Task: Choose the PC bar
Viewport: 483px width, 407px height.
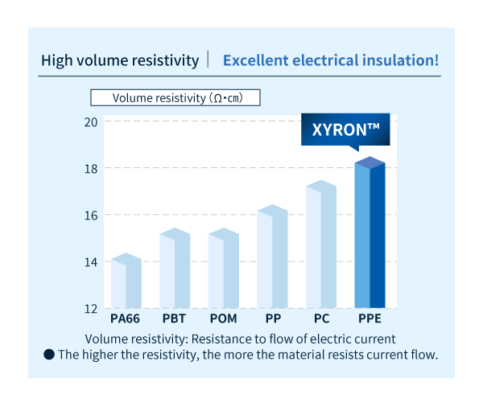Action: click(x=320, y=245)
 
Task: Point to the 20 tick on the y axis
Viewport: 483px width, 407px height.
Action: click(x=90, y=121)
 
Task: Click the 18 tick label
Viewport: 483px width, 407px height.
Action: click(x=90, y=168)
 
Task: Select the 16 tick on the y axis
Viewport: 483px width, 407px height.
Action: click(x=90, y=215)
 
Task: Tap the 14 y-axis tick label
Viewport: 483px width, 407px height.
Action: click(x=90, y=261)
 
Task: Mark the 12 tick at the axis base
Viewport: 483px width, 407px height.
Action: click(x=90, y=308)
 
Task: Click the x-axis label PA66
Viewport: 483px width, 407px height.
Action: click(x=126, y=319)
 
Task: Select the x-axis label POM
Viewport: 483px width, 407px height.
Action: click(x=223, y=319)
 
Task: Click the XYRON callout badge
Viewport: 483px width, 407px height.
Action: click(x=345, y=129)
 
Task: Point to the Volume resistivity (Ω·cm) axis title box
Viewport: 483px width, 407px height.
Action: click(x=176, y=97)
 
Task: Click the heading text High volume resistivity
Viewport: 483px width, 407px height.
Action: click(x=120, y=60)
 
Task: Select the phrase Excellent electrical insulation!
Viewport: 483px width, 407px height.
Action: click(x=330, y=60)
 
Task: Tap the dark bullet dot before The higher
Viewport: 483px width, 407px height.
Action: click(x=49, y=354)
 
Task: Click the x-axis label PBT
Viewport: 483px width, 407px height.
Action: click(x=174, y=319)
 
